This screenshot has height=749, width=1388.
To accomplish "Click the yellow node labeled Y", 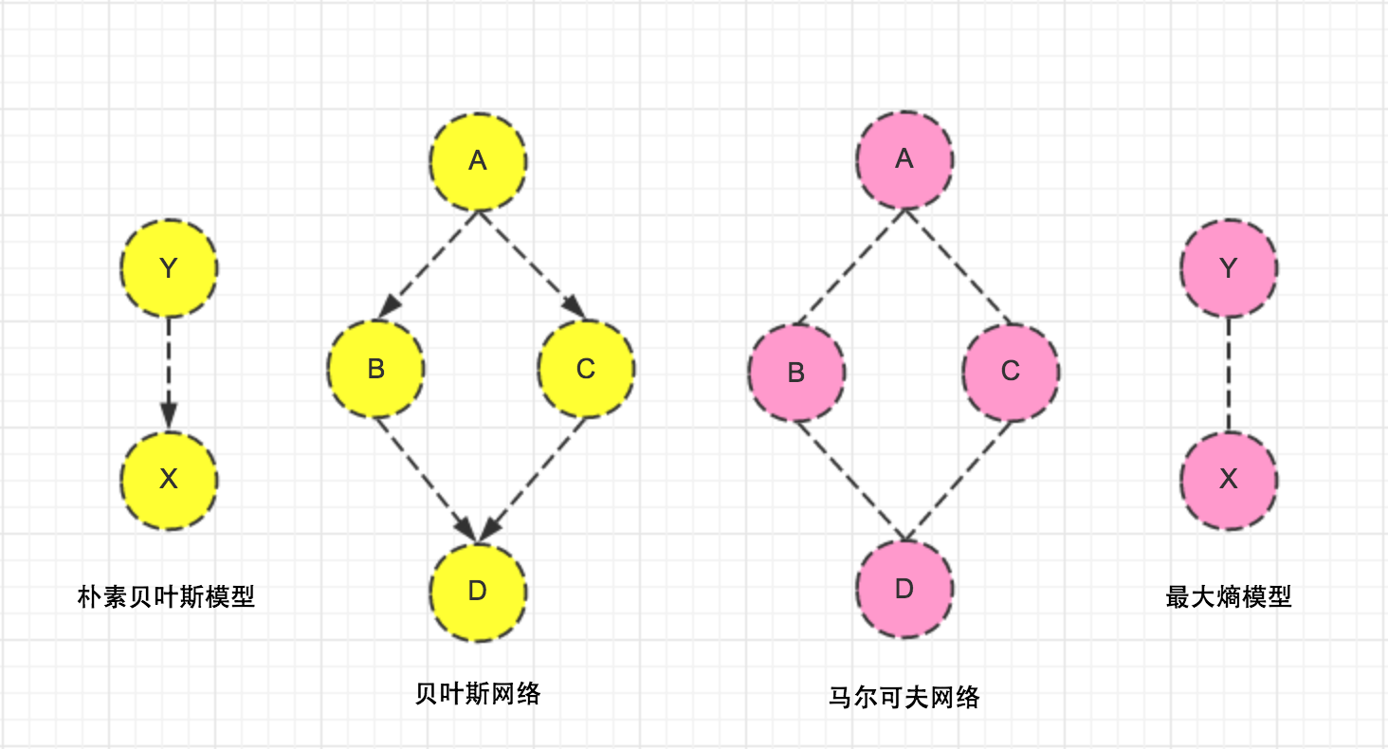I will (x=170, y=268).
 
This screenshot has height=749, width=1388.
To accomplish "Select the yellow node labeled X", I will (x=170, y=480).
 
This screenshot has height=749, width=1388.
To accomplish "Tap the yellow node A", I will (x=478, y=161).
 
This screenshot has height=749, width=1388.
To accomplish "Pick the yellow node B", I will (x=375, y=368).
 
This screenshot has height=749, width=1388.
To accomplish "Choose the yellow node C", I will (x=586, y=368).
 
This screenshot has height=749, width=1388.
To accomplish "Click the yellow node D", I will (x=478, y=591).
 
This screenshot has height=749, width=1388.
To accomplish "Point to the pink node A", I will (x=904, y=158).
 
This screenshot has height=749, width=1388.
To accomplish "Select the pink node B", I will (x=796, y=372).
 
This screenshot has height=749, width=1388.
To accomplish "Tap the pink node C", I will (x=1011, y=371).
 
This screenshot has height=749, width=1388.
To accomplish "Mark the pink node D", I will (x=904, y=589).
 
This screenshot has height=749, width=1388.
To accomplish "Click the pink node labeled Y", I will (x=1229, y=268).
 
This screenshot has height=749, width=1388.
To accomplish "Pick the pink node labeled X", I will (x=1229, y=480).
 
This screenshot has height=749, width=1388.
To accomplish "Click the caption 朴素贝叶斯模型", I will (x=166, y=596).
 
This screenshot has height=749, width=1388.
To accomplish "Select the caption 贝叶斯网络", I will (x=478, y=693).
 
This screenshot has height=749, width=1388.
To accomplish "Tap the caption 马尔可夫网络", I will (x=904, y=698).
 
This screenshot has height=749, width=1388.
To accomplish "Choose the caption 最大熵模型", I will (x=1229, y=596).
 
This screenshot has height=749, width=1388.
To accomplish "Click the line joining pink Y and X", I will (x=1229, y=374).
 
